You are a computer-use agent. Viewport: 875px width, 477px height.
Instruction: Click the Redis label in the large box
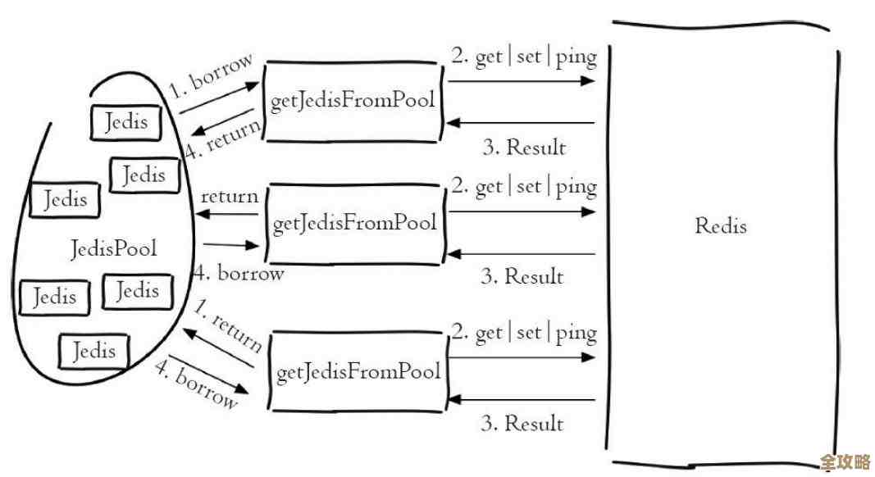click(721, 225)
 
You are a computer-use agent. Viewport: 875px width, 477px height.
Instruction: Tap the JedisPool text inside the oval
click(114, 248)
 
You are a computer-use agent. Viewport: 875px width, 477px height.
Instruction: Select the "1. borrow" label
click(212, 77)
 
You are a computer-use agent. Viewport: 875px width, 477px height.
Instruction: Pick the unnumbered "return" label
click(229, 196)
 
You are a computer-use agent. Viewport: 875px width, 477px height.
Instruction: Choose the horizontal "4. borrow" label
click(239, 273)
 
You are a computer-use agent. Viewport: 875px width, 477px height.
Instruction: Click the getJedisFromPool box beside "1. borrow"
click(353, 102)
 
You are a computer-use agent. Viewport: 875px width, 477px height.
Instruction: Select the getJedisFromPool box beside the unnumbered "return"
click(354, 223)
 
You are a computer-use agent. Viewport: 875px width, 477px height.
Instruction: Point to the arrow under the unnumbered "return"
click(226, 215)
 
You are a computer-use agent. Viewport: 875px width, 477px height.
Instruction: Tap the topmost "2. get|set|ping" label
click(523, 57)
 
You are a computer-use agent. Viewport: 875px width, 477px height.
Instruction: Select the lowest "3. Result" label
click(522, 423)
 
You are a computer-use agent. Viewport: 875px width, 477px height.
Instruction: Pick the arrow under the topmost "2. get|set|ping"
click(522, 80)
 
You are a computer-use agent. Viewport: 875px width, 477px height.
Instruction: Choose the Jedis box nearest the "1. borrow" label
click(126, 122)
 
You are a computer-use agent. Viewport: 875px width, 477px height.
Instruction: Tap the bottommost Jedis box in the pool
click(93, 352)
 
